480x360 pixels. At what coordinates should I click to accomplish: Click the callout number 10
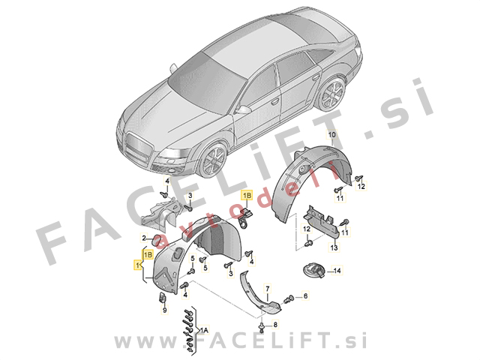(331, 134)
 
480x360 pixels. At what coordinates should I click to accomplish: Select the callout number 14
(337, 271)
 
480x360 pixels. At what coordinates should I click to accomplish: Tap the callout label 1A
(204, 330)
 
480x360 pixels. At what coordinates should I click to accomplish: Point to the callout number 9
(165, 310)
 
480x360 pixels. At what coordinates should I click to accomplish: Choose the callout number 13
(334, 247)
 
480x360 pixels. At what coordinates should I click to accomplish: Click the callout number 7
(268, 289)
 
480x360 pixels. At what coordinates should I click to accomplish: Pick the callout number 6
(305, 295)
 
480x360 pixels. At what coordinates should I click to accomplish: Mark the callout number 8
(275, 325)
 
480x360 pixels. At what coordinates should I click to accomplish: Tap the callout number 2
(144, 237)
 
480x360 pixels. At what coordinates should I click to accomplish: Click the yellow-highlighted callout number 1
(137, 265)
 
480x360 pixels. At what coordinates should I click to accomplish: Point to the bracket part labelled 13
(322, 222)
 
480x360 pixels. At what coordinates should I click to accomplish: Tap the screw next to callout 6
(289, 298)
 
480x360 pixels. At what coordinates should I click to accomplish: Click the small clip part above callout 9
(162, 297)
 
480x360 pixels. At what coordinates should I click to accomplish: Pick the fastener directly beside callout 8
(262, 327)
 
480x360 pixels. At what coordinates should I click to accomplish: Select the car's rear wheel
(331, 93)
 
